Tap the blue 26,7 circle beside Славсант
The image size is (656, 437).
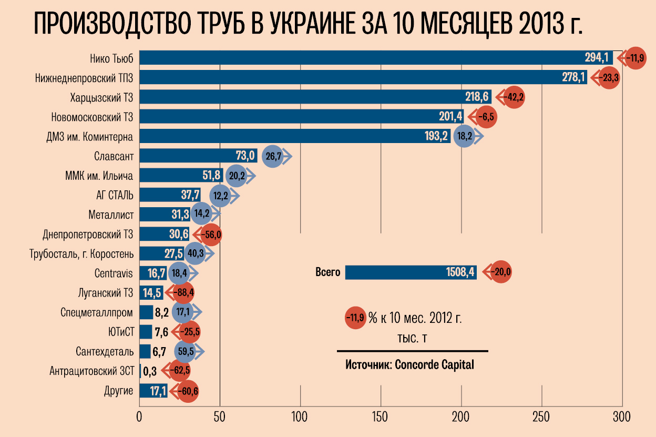(273, 156)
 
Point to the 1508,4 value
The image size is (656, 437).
(460, 272)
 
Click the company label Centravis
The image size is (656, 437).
(114, 273)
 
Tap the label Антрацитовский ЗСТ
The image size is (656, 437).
(91, 371)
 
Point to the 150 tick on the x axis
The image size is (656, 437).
(381, 418)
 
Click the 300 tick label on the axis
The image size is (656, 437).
(622, 418)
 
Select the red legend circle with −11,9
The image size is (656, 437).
(355, 318)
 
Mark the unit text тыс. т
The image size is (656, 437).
(412, 337)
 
